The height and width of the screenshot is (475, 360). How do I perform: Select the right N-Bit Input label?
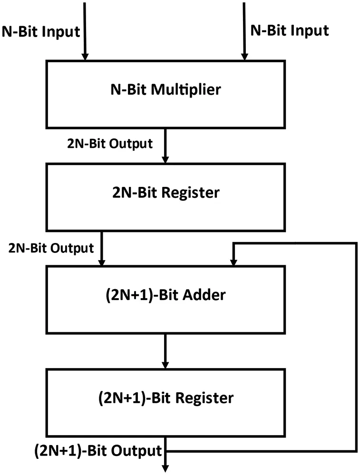[289, 31]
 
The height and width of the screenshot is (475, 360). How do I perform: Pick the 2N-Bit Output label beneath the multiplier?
[110, 143]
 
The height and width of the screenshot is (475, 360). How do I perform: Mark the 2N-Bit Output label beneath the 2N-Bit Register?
[51, 248]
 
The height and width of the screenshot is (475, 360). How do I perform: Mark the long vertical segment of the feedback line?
[355, 347]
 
